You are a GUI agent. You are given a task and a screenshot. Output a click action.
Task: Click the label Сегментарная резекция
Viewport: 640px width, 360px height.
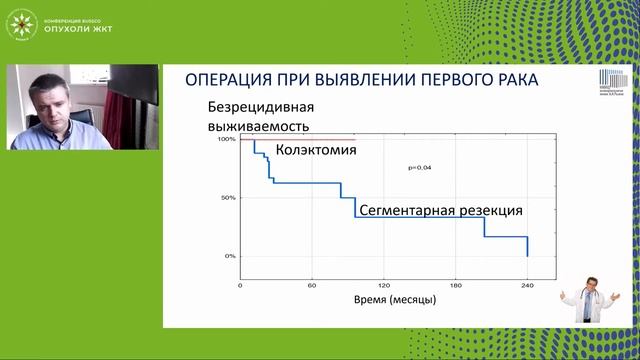[x=440, y=211]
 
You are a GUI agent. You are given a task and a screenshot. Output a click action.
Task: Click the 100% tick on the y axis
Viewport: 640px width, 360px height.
[x=226, y=139]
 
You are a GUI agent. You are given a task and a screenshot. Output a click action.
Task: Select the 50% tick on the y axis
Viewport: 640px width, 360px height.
[x=228, y=198]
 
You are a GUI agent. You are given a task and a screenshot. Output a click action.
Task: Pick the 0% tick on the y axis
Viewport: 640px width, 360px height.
[x=230, y=256]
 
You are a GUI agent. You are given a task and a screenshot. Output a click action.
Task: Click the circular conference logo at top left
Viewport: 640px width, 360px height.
[x=22, y=23]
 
